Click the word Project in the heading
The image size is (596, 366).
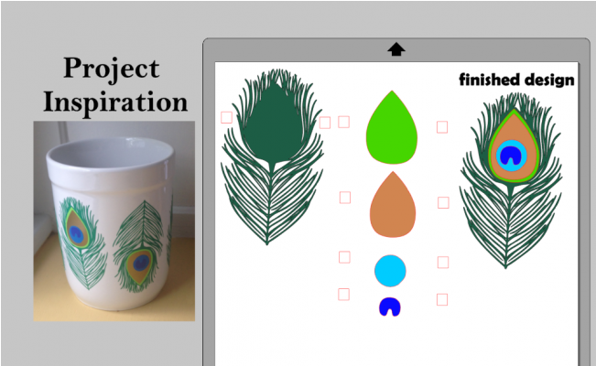[x=111, y=69]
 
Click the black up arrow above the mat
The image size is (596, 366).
[x=396, y=49]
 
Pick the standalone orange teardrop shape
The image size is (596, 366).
[x=392, y=210]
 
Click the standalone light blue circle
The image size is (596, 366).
[x=390, y=270]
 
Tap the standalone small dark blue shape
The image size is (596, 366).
[x=391, y=307]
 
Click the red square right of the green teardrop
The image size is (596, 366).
[x=442, y=127]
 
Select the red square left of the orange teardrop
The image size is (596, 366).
[x=345, y=198]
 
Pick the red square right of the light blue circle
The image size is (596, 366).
[x=443, y=263]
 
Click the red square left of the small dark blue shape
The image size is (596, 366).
[x=344, y=294]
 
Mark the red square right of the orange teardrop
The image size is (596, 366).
[x=443, y=202]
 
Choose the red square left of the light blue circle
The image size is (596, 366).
[x=344, y=257]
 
